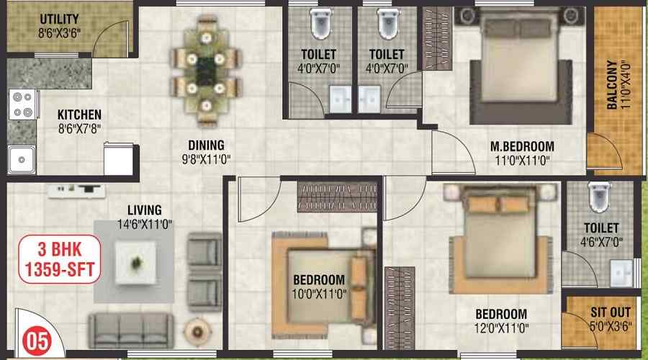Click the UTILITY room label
pos(59,19)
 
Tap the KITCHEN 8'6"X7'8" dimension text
pos(80,129)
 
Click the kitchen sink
pos(21,160)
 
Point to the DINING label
pos(206,145)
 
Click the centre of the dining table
pos(206,72)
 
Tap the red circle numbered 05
pos(37,341)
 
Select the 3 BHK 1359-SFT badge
pos(60,259)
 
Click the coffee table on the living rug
pos(135,263)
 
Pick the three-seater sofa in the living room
pos(131,330)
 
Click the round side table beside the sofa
pos(197,331)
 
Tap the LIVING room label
pos(144,210)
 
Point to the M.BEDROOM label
pos(523,146)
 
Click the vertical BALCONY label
pos(612,85)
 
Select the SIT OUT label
pos(611,312)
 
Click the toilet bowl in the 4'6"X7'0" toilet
pos(600,197)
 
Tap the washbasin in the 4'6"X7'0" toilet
pos(621,273)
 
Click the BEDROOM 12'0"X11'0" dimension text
pos(501,328)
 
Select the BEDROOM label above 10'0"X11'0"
pos(319,280)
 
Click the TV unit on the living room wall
pos(76,191)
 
